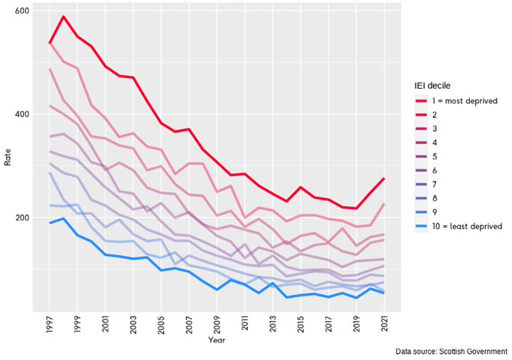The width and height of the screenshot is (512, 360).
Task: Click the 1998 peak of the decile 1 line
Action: [64, 17]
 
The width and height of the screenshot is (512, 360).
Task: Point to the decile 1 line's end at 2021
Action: [383, 178]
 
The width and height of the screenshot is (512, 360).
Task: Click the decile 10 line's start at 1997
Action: [50, 223]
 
